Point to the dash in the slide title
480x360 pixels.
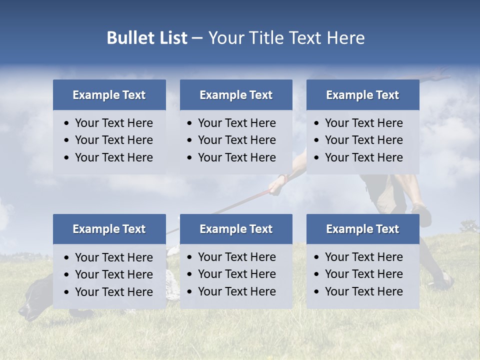[197, 38]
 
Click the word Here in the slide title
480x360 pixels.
[345, 38]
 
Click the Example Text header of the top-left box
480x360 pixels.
[109, 95]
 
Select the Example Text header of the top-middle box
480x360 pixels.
[236, 95]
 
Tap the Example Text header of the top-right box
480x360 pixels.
[362, 95]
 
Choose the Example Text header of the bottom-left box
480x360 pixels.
[109, 229]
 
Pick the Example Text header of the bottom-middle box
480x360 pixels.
[236, 229]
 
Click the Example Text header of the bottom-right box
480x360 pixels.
[362, 229]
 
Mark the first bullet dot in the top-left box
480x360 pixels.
[67, 123]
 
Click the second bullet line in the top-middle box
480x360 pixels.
[236, 140]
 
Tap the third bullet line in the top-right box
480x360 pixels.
[363, 157]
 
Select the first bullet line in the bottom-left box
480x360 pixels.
[113, 257]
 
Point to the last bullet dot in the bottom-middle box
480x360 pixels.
[190, 292]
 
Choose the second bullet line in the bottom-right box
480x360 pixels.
[363, 274]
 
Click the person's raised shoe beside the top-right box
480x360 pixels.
[424, 215]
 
